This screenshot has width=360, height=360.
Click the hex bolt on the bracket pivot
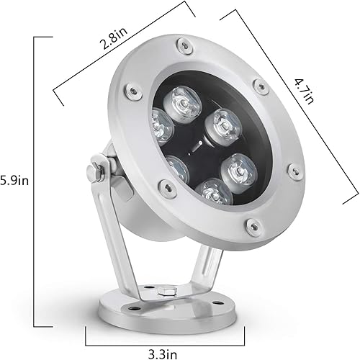94,174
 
